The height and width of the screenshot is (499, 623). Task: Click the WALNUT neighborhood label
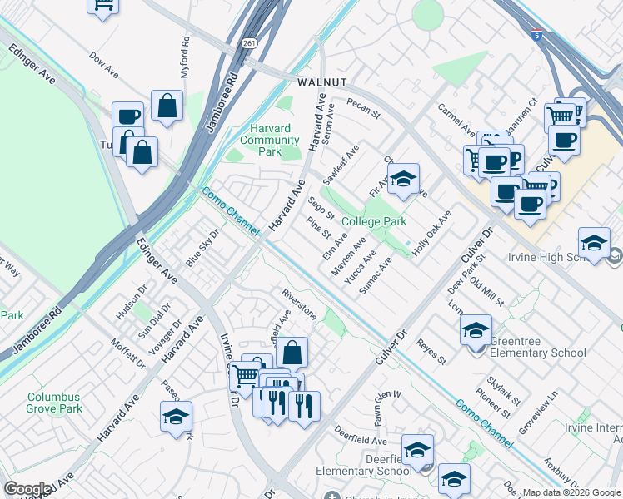click(320, 83)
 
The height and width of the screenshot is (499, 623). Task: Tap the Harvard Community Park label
click(270, 140)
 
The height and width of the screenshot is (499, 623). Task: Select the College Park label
click(374, 221)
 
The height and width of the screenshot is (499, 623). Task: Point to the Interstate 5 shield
click(536, 34)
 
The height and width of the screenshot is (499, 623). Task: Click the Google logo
click(27, 489)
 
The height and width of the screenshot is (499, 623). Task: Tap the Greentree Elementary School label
click(537, 347)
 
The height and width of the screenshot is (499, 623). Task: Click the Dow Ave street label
click(105, 67)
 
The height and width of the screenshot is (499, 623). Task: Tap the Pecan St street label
click(363, 107)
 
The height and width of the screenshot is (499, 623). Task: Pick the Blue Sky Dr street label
click(202, 250)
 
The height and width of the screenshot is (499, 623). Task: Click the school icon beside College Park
click(403, 179)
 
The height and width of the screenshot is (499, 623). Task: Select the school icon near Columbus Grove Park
click(176, 416)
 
